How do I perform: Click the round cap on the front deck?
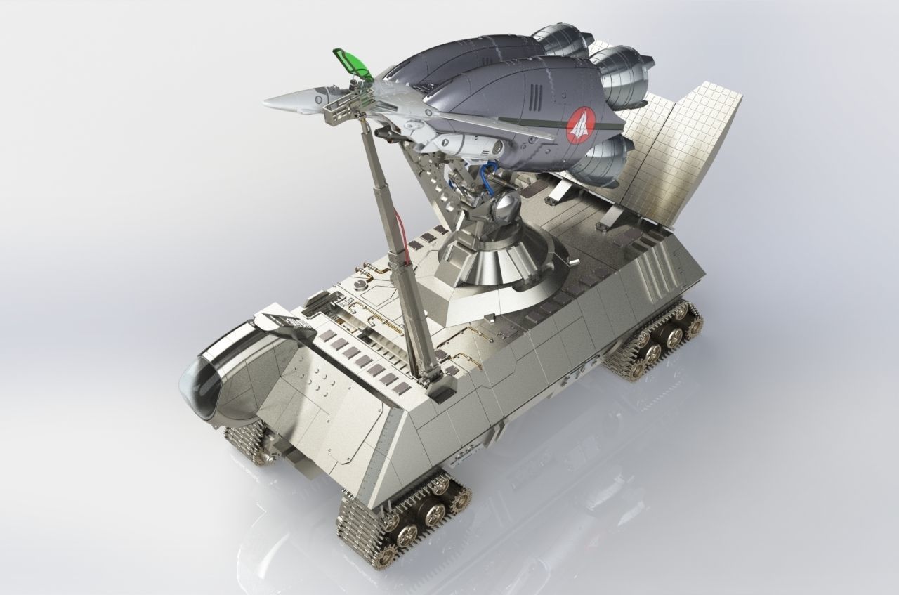361,284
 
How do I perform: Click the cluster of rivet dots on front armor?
320,379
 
